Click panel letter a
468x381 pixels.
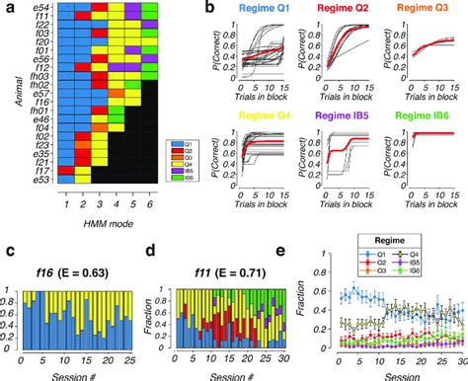[7, 9]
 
